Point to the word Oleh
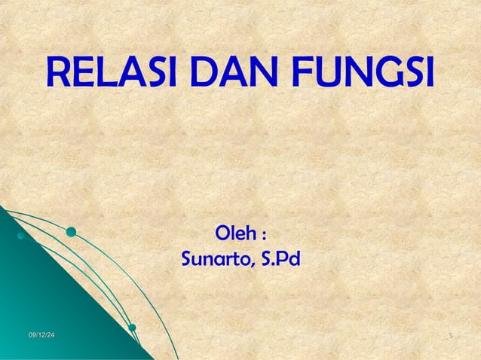pos(235,229)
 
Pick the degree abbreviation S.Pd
pos(279,260)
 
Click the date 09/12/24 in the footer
pos(42,334)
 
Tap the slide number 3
pos(449,334)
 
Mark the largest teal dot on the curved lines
pos(71,233)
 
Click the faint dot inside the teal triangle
pos(21,236)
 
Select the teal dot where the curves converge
pos(132,327)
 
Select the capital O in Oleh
pos(223,229)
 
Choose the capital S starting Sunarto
pos(188,260)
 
